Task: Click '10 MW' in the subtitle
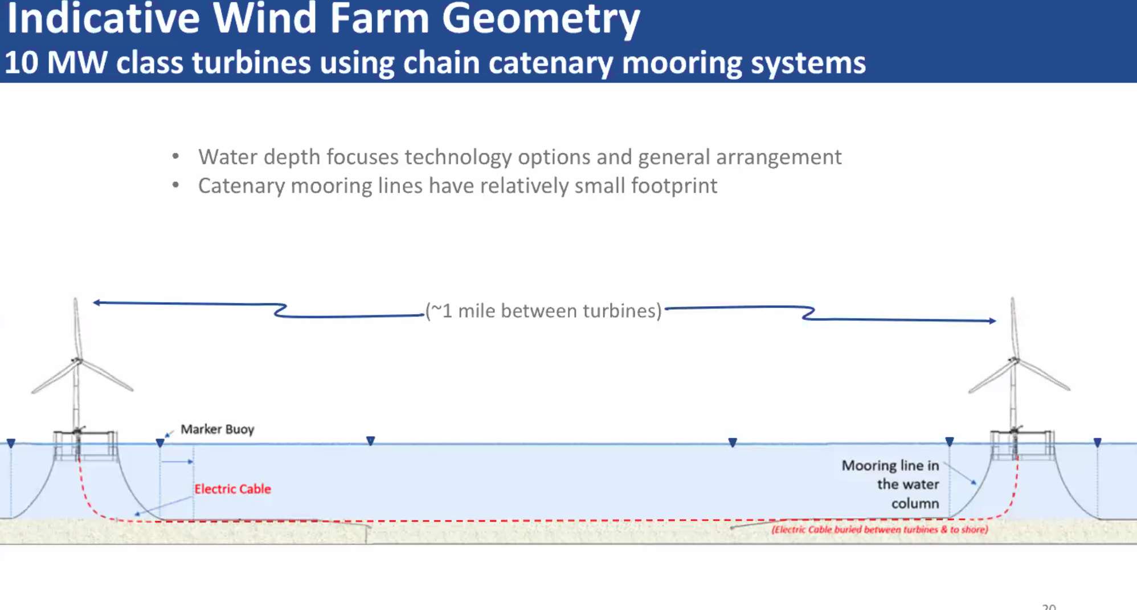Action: [x=56, y=62]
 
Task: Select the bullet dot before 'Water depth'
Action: [x=175, y=156]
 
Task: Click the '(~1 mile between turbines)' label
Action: [x=543, y=311]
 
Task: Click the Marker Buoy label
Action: [x=217, y=429]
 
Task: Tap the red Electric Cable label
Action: [x=232, y=489]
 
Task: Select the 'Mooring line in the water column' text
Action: [x=890, y=484]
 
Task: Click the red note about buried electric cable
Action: [x=880, y=530]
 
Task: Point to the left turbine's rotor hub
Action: [x=77, y=360]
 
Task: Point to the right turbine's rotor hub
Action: [x=1014, y=360]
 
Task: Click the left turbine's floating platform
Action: [x=85, y=445]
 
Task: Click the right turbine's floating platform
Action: [x=1023, y=445]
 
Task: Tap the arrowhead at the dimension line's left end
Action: [x=97, y=303]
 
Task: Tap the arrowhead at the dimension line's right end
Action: [x=992, y=321]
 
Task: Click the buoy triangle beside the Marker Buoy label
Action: [x=160, y=443]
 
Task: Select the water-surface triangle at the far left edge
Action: [x=11, y=443]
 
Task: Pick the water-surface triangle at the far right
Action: [x=1098, y=442]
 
